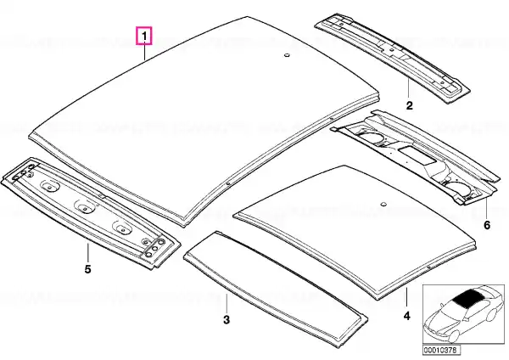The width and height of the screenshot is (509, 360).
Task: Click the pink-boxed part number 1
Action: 144,36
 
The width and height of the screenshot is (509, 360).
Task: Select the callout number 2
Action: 409,105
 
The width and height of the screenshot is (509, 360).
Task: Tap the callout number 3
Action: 227,319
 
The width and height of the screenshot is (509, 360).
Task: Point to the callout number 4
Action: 406,316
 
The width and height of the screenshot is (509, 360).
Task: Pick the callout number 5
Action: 87,269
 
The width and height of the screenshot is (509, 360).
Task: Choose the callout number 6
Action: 487,225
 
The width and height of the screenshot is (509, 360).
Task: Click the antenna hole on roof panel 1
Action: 287,55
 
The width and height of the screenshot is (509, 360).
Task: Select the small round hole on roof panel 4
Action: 383,204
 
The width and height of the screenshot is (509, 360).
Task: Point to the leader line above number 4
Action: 406,296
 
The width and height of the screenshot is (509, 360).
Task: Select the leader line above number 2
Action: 409,87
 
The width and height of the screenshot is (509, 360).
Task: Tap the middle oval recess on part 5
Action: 86,206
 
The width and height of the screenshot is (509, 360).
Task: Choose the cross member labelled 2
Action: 392,58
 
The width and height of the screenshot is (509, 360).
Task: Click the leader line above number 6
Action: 487,208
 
